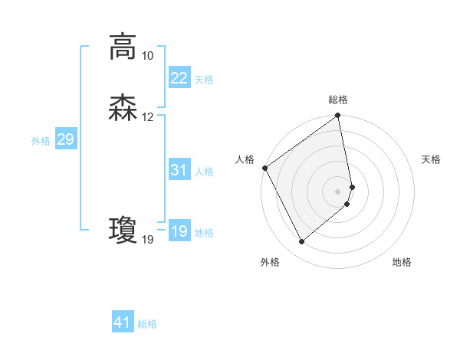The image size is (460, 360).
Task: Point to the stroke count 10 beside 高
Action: pyautogui.click(x=147, y=56)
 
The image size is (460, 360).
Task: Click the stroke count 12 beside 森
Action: pyautogui.click(x=147, y=117)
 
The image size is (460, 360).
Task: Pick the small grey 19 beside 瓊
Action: pyautogui.click(x=147, y=240)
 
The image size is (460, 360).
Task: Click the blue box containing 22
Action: pyautogui.click(x=179, y=77)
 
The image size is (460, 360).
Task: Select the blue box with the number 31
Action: pyautogui.click(x=179, y=170)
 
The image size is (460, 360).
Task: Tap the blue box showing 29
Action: pyautogui.click(x=65, y=139)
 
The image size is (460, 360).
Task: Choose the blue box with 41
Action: pyautogui.click(x=123, y=322)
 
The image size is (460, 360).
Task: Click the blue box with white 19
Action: pyautogui.click(x=179, y=231)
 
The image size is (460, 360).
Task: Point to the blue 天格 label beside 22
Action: pyautogui.click(x=204, y=79)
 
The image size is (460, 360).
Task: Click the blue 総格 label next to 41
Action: pyautogui.click(x=147, y=324)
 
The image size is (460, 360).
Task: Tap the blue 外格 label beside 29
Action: pyautogui.click(x=41, y=141)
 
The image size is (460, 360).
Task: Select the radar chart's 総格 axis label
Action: pyautogui.click(x=338, y=100)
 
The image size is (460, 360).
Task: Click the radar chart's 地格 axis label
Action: pyautogui.click(x=402, y=262)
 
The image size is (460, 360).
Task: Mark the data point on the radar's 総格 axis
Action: pyautogui.click(x=338, y=116)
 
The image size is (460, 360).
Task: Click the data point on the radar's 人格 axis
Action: pyautogui.click(x=264, y=168)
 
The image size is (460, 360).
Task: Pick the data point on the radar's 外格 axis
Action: pyautogui.click(x=301, y=242)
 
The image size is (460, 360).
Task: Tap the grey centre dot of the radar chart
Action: pyautogui.click(x=338, y=191)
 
